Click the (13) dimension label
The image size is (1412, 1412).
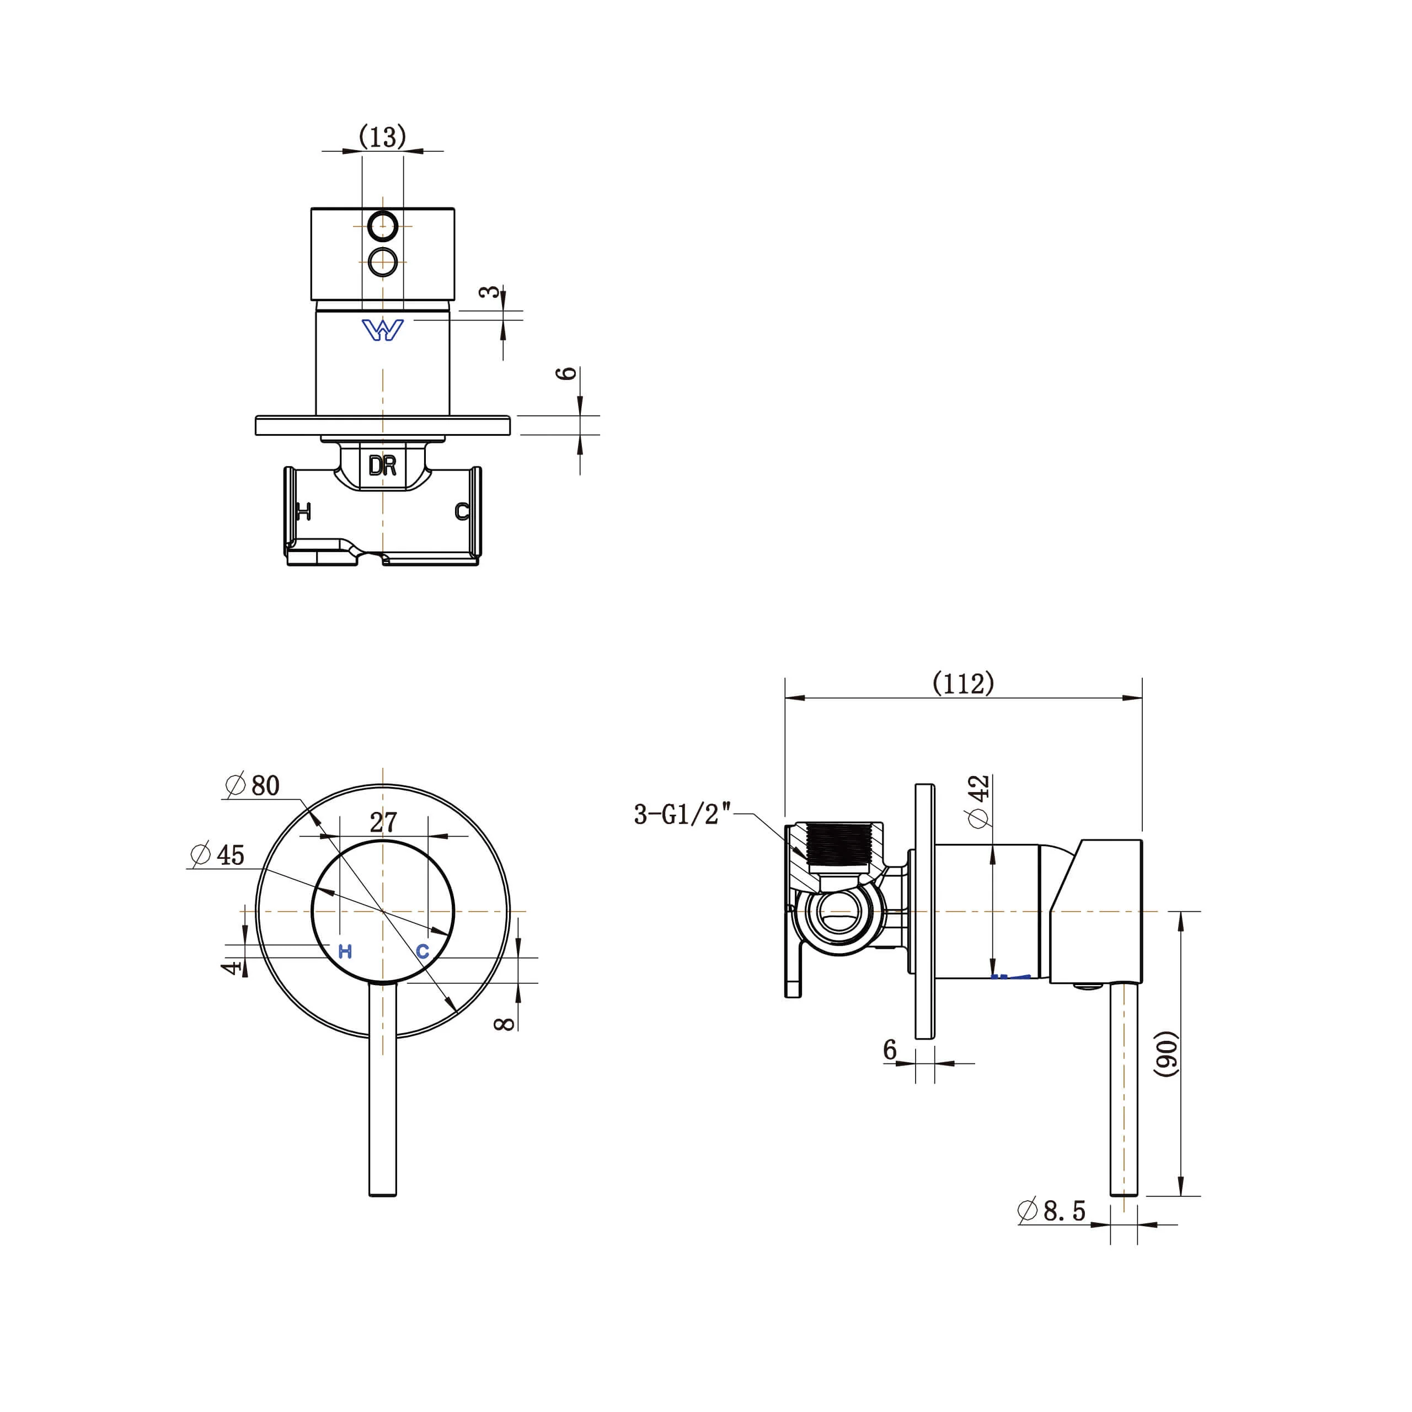tap(382, 137)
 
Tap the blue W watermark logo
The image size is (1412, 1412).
tap(382, 330)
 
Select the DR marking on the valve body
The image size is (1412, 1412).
tap(382, 466)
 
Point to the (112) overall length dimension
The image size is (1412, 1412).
tap(963, 683)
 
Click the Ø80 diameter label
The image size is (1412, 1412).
tap(253, 785)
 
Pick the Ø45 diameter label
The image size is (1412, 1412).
tap(218, 855)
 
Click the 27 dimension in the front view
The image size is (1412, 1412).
tap(383, 822)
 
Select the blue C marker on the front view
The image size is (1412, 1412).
tap(422, 951)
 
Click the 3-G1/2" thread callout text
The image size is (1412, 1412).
tap(683, 814)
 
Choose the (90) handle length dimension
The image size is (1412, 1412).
tap(1167, 1053)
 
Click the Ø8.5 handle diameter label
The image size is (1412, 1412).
tap(1052, 1211)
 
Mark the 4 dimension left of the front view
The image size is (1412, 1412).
tap(232, 967)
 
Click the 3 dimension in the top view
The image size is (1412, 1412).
tap(490, 292)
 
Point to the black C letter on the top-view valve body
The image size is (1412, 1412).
tap(462, 511)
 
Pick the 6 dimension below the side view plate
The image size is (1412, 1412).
tap(890, 1050)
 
